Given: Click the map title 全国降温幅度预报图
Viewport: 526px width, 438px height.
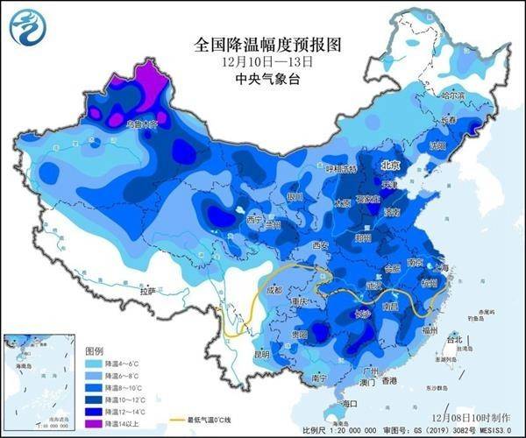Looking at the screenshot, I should coord(263,43).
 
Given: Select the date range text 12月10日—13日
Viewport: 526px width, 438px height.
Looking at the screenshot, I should coord(263,61).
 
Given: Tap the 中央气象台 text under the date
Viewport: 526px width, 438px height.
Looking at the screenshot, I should coord(263,79).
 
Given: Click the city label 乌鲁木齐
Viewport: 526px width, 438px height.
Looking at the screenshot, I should coord(141,124).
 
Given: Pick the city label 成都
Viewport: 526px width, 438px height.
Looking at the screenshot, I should coord(274,288).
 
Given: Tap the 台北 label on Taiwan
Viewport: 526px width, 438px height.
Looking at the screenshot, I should coord(454,339).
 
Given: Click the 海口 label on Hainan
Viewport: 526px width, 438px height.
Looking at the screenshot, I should coord(351,403).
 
